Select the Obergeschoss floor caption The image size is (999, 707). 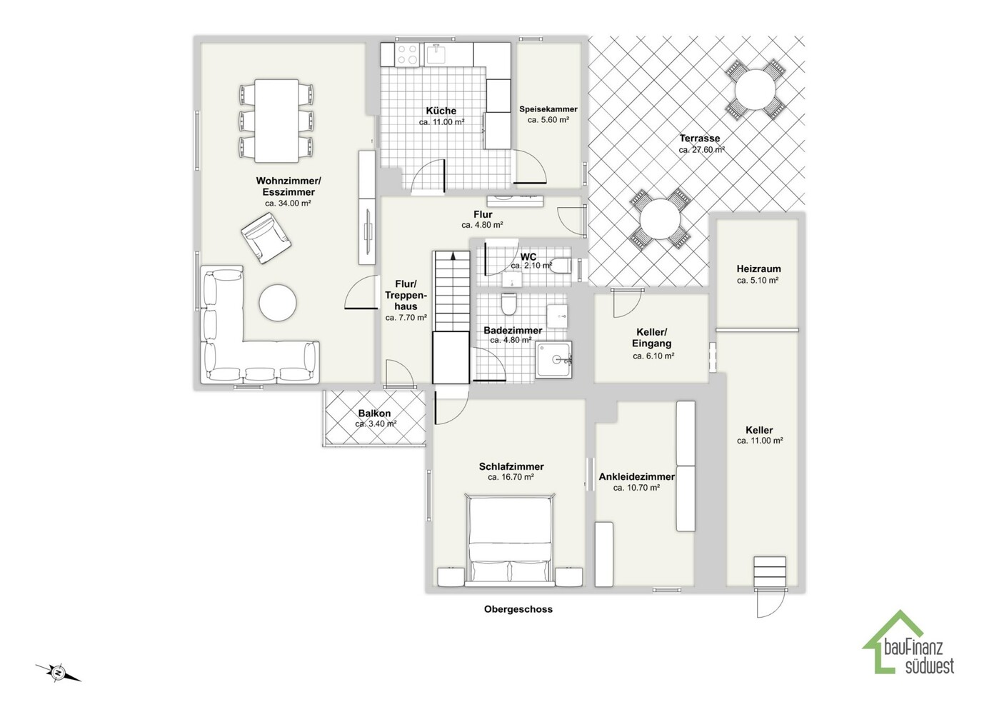pos(518,609)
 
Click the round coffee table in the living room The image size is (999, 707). pos(277,302)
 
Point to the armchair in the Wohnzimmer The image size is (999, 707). pos(266,238)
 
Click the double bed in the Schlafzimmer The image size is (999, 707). pos(510,540)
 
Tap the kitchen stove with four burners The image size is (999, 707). pos(407,55)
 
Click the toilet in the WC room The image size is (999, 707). pos(561,266)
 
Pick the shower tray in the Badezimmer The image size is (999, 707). pos(553,359)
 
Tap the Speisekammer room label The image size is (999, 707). pos(548,109)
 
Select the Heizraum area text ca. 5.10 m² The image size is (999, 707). pos(758,281)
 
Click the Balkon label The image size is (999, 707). pos(375,413)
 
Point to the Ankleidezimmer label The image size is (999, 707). pos(636,477)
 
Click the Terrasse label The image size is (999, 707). pos(699,139)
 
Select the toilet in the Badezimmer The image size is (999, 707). pos(508,304)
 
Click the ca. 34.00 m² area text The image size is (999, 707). pos(288,204)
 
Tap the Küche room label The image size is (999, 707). pos(441,111)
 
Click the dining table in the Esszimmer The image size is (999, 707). pos(276,121)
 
